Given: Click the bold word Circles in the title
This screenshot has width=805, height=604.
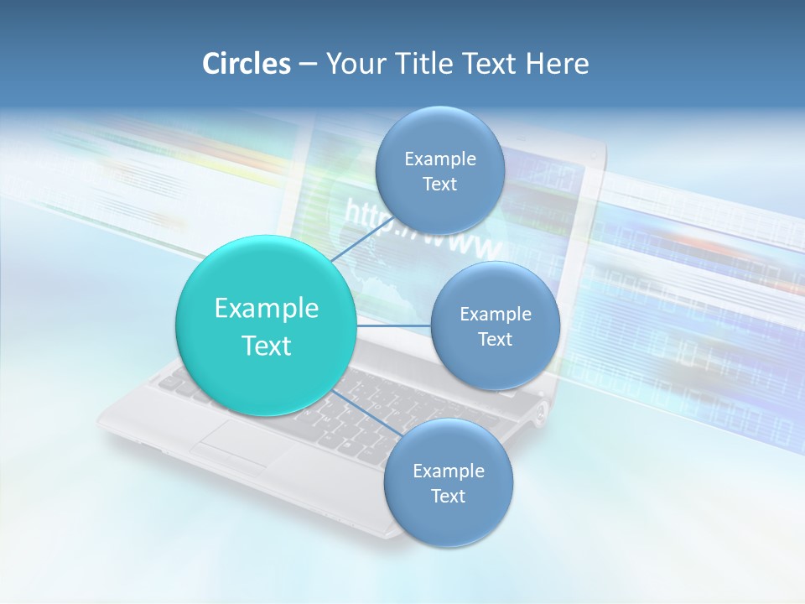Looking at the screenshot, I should pyautogui.click(x=246, y=64).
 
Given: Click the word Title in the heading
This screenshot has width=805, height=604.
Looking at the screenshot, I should pyautogui.click(x=417, y=64).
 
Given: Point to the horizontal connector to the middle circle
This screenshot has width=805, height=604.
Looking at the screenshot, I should pyautogui.click(x=394, y=325).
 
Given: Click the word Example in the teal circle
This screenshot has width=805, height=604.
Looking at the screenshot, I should pyautogui.click(x=267, y=308).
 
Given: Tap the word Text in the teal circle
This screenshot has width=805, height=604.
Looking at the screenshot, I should pyautogui.click(x=267, y=346).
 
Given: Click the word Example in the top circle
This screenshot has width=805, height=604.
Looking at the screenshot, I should pyautogui.click(x=439, y=159).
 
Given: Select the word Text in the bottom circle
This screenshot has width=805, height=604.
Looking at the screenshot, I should pyautogui.click(x=448, y=496).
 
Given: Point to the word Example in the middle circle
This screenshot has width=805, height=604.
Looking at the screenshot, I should pyautogui.click(x=495, y=314).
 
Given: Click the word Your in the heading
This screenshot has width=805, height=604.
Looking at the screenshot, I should pyautogui.click(x=353, y=64).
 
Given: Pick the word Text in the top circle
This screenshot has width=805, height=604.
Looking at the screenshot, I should pyautogui.click(x=439, y=184).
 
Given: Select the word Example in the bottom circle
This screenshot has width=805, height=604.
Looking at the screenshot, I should pyautogui.click(x=448, y=471).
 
